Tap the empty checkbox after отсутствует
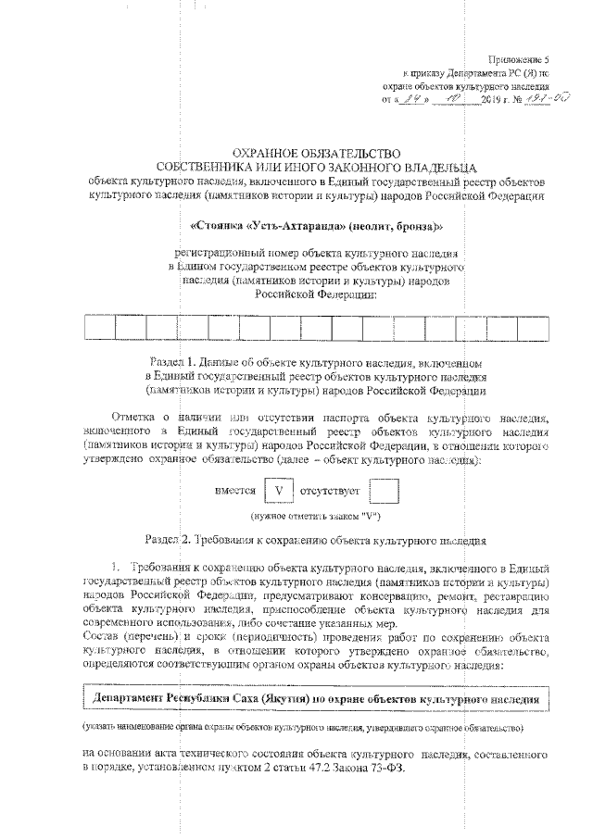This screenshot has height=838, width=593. (383, 491)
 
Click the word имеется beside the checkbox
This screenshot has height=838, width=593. (234, 491)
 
